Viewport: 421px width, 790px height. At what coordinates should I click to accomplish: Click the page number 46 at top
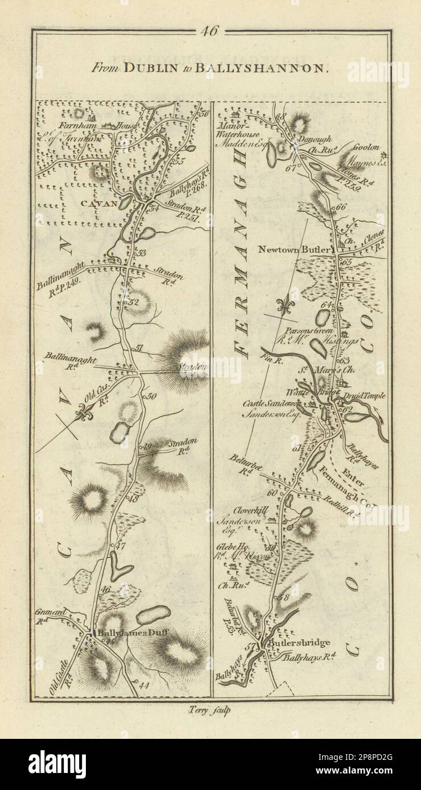tap(209, 32)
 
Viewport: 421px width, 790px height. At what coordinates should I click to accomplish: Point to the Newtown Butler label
tap(295, 249)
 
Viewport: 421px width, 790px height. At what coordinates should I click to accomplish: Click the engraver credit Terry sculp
tap(210, 709)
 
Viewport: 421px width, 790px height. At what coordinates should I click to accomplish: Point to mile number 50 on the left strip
tap(151, 396)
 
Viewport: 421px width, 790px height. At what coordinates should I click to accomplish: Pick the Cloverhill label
tap(246, 511)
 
